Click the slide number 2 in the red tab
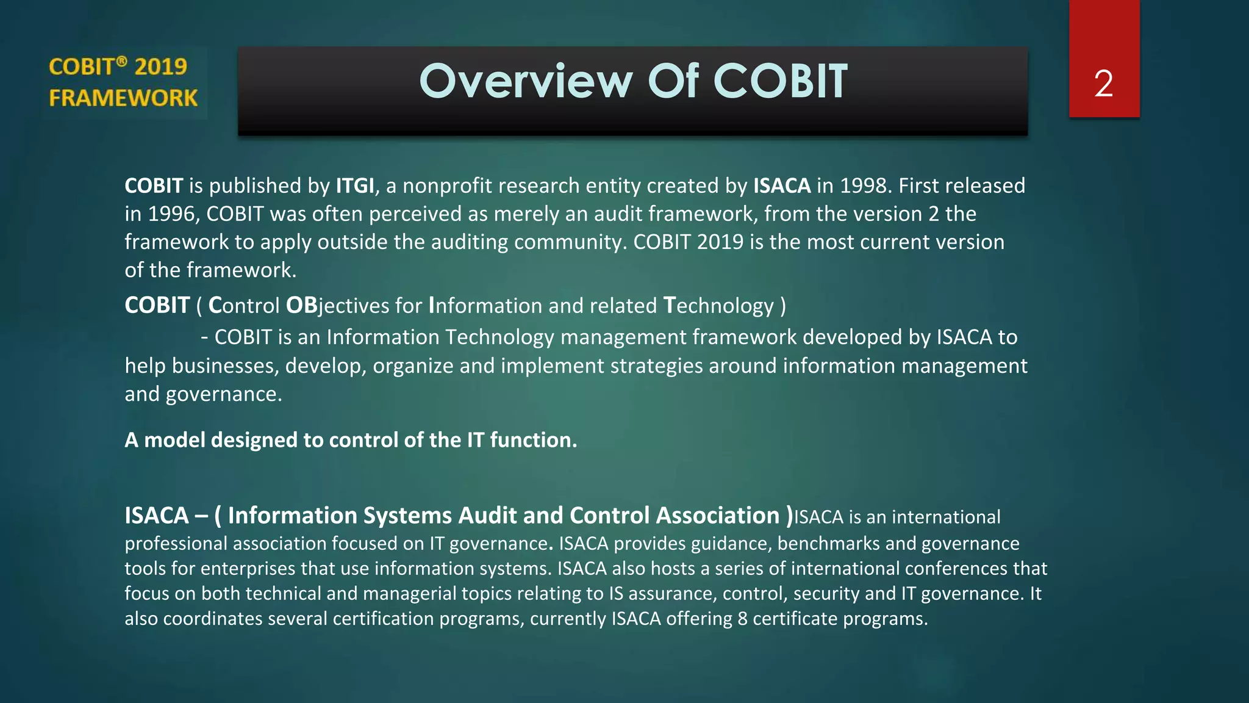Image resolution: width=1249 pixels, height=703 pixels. click(1103, 84)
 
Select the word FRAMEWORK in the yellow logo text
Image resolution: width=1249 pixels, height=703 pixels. click(123, 98)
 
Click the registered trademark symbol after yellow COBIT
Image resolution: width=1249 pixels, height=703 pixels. click(122, 60)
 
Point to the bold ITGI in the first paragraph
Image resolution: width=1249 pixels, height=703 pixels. click(355, 186)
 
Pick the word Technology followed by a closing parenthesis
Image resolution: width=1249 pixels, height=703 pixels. click(718, 306)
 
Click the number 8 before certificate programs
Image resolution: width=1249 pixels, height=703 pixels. click(742, 618)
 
